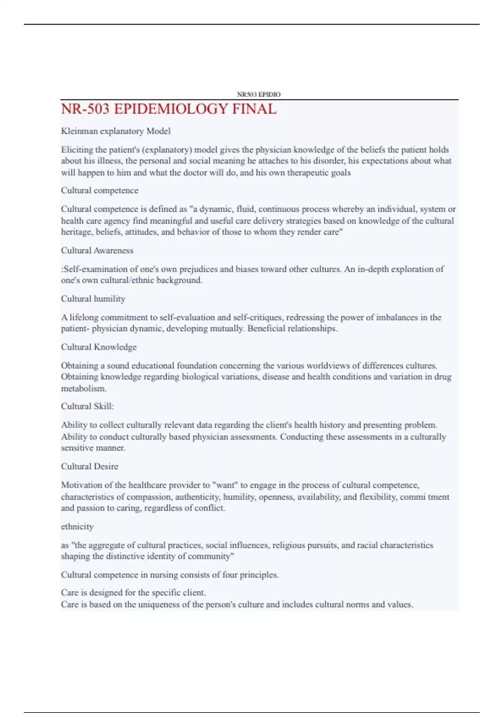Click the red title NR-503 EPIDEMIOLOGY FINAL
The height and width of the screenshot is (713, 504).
click(169, 109)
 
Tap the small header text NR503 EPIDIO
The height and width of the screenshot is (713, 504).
click(259, 94)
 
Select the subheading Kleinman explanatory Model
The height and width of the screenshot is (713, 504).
click(116, 131)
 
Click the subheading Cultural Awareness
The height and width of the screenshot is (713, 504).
click(97, 250)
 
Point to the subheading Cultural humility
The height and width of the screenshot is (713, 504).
click(93, 299)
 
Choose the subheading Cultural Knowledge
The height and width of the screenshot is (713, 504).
click(99, 347)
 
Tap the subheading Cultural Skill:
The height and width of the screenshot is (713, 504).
click(87, 406)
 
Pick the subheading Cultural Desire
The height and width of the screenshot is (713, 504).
click(89, 466)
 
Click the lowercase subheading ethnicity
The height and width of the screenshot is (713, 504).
click(77, 526)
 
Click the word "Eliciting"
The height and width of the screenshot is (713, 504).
click(76, 150)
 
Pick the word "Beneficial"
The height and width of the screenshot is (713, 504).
click(265, 329)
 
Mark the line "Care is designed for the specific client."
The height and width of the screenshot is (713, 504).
click(134, 593)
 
